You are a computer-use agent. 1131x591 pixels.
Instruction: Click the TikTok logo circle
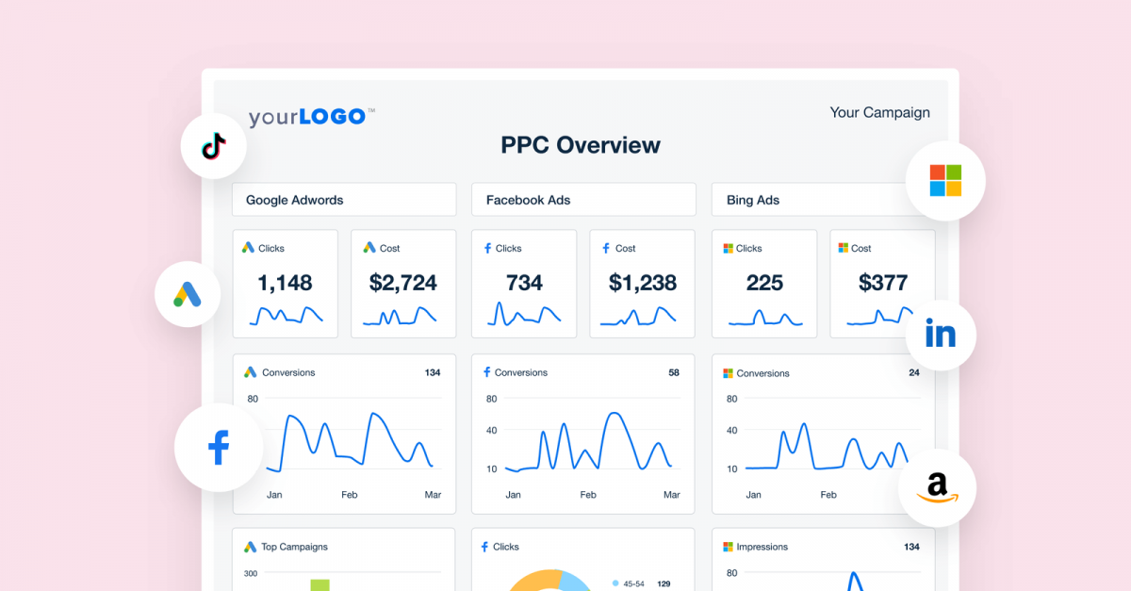click(x=214, y=146)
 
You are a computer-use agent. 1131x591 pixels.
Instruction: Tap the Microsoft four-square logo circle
click(x=944, y=180)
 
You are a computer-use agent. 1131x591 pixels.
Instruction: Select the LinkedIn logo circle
click(x=940, y=334)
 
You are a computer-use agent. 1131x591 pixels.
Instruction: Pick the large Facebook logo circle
click(x=219, y=447)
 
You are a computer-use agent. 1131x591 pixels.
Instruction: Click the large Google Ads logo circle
click(x=188, y=294)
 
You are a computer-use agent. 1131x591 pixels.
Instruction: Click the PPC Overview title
click(x=581, y=145)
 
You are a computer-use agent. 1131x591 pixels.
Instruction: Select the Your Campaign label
click(x=879, y=112)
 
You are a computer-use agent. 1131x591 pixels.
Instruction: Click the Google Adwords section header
click(x=294, y=200)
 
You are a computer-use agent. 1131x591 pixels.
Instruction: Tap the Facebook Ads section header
click(x=528, y=200)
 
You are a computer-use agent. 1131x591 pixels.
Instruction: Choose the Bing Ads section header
click(x=753, y=200)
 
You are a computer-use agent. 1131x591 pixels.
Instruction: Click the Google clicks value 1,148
click(x=285, y=282)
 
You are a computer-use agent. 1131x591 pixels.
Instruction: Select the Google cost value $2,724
click(x=403, y=282)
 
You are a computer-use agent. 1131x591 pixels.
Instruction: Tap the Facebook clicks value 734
click(x=524, y=282)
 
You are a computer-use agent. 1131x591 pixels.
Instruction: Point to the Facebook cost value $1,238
click(x=642, y=282)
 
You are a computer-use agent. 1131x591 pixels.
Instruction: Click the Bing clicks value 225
click(x=764, y=282)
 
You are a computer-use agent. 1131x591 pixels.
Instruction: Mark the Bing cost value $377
click(x=883, y=282)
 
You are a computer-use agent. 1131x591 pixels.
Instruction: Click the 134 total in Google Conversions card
click(x=433, y=372)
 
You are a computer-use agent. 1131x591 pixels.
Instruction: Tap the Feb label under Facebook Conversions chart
click(x=588, y=495)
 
